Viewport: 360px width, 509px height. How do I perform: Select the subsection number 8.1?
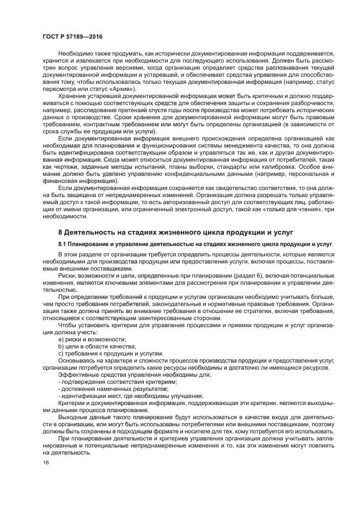coord(63,243)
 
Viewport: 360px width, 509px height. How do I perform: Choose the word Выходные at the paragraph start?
coord(74,416)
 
